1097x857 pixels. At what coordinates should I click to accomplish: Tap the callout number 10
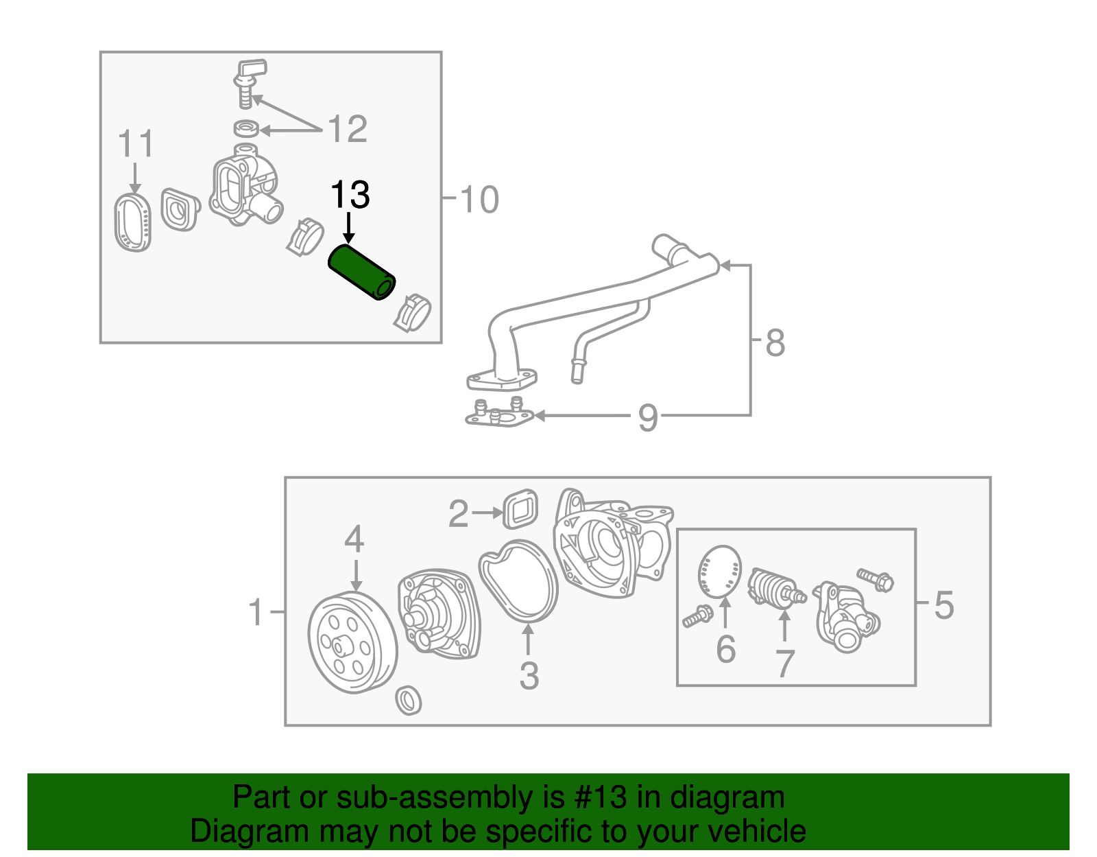(479, 200)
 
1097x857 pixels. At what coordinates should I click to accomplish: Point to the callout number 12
(348, 129)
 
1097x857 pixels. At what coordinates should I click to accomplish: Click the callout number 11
(136, 143)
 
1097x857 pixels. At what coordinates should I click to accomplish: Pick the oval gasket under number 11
(133, 223)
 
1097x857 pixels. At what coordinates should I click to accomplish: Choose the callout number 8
(775, 343)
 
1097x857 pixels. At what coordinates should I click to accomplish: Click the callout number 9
(648, 418)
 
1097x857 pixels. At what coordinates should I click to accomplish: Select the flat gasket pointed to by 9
(498, 412)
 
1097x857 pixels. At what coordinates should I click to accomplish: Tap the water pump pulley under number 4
(352, 643)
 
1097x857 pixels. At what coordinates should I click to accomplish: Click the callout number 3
(529, 675)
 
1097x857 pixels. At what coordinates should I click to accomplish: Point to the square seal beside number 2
(520, 509)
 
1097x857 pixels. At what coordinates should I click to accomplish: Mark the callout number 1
(256, 612)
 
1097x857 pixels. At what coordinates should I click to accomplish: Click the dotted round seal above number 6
(719, 572)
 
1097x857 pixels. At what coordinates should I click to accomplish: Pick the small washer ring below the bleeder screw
(246, 128)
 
